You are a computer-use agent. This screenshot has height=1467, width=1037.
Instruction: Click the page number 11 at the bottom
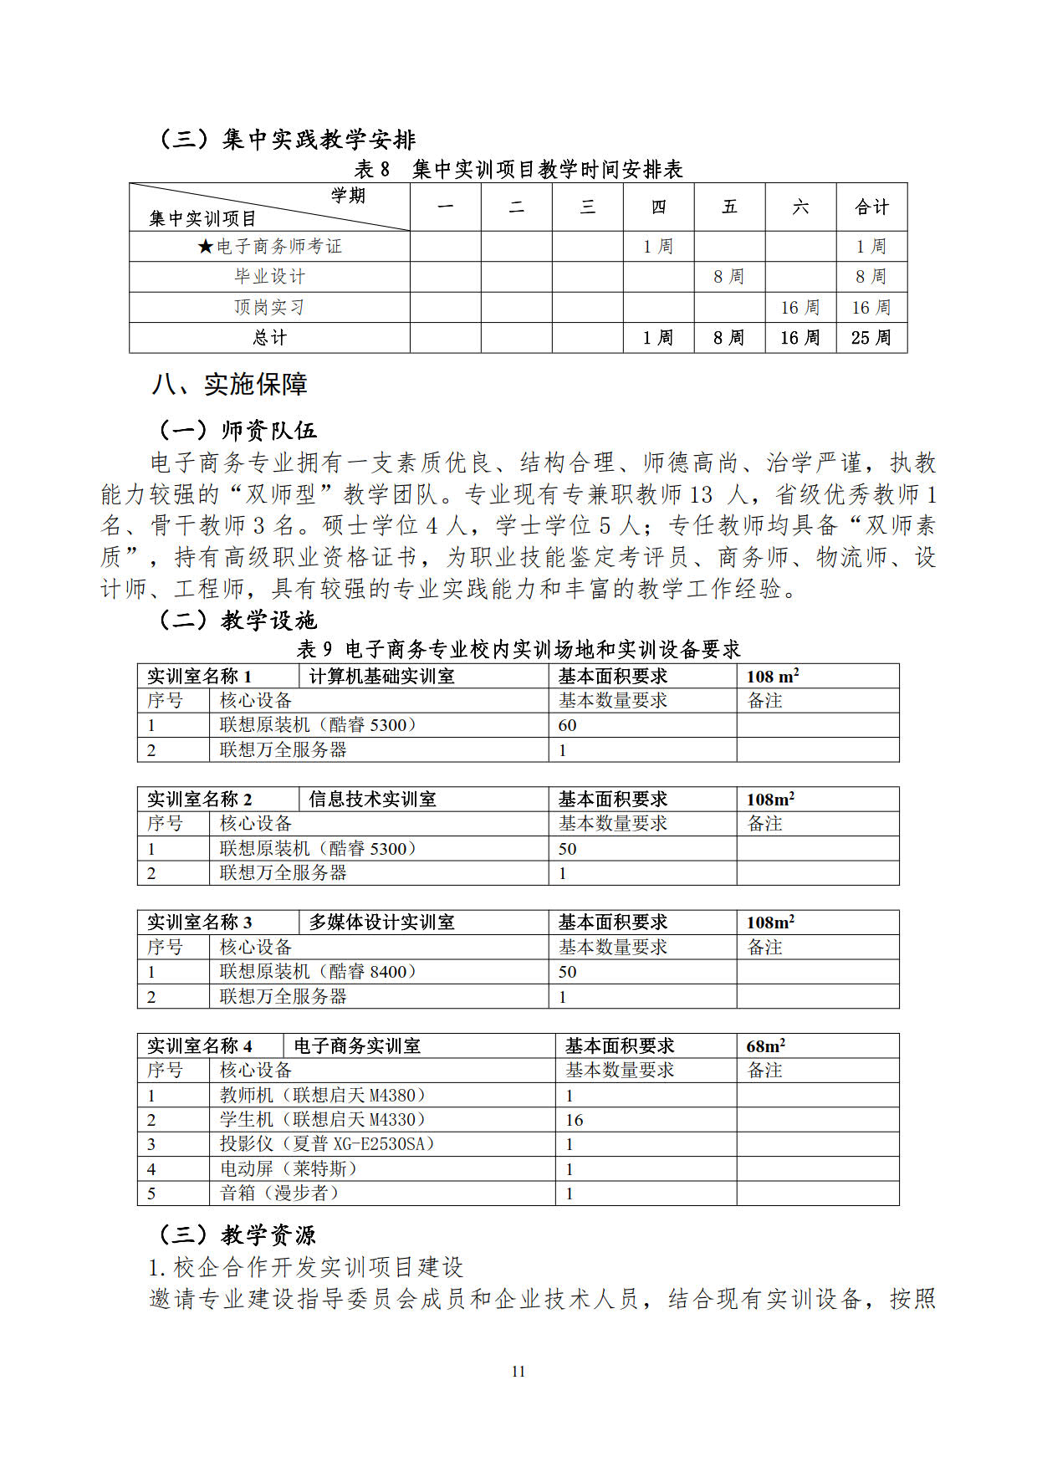point(518,1371)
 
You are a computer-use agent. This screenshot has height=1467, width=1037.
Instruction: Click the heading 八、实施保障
point(230,384)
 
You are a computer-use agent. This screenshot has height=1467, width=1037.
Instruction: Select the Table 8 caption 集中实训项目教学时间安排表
point(518,170)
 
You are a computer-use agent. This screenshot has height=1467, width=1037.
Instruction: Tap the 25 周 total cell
point(871,338)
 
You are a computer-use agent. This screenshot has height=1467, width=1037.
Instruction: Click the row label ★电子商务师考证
point(269,247)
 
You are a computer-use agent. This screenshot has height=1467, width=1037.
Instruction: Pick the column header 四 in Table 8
point(658,207)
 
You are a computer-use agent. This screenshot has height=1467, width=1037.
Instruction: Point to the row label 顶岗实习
point(269,307)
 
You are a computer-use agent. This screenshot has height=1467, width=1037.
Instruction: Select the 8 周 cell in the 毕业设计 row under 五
point(728,277)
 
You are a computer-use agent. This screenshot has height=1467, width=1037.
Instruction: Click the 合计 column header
point(871,207)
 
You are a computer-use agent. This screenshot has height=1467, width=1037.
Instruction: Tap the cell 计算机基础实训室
point(382,677)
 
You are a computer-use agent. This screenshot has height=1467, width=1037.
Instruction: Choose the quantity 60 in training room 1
point(568,725)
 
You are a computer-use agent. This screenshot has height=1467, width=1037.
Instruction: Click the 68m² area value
point(765,1046)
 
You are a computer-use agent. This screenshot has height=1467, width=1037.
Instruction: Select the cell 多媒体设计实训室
point(382,923)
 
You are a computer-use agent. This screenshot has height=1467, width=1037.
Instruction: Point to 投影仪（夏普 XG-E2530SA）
point(327,1144)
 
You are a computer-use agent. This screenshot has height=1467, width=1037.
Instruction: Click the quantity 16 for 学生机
point(575,1120)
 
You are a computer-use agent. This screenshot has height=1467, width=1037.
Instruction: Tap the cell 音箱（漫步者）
point(279,1194)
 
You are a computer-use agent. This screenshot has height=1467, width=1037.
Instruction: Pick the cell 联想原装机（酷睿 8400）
point(318,972)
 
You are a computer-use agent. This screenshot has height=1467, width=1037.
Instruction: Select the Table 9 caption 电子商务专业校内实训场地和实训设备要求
point(518,650)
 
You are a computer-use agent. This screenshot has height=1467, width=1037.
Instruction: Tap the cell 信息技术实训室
point(373,800)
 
